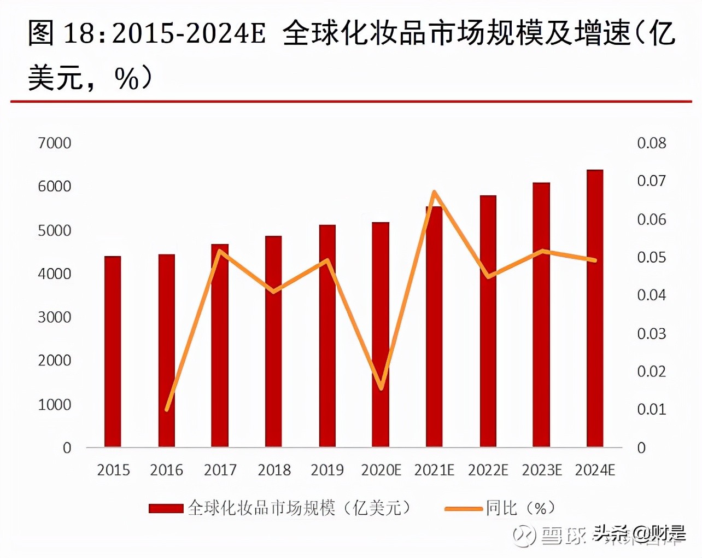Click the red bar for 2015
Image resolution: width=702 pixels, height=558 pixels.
click(x=113, y=351)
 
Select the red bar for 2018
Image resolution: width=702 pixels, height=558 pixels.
click(x=273, y=341)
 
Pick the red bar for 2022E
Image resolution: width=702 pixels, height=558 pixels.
click(x=488, y=321)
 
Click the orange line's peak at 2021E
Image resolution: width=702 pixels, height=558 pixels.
click(x=434, y=192)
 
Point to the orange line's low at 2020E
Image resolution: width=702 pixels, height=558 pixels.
click(x=381, y=388)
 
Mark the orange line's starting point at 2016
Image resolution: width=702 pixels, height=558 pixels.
click(x=167, y=409)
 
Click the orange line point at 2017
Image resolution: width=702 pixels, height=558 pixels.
click(x=220, y=251)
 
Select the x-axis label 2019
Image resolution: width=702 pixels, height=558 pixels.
click(x=327, y=470)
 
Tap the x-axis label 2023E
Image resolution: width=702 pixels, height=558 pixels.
click(x=541, y=470)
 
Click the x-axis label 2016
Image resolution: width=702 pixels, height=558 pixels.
click(x=166, y=470)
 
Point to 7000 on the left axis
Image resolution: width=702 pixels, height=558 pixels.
click(x=55, y=143)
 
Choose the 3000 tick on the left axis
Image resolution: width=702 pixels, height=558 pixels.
click(x=55, y=317)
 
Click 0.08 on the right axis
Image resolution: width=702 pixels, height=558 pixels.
click(x=652, y=143)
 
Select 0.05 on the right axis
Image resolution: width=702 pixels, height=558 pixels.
click(x=652, y=257)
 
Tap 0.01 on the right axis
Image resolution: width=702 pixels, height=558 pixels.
click(x=652, y=409)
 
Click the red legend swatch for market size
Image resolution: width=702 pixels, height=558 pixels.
click(x=166, y=509)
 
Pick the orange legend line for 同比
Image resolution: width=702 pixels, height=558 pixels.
click(x=463, y=509)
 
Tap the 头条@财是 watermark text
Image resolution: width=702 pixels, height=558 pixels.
click(x=640, y=532)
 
